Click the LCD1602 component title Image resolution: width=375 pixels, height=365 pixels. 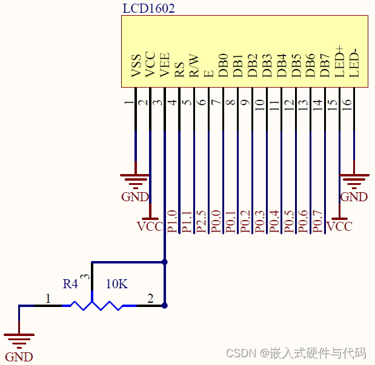pos(148,9)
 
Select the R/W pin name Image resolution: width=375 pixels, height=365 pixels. pos(194,66)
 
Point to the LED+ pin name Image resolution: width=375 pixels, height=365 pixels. pos(339,61)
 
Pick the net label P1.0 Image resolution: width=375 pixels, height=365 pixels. pos(171,222)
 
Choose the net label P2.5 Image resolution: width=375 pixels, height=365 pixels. pos(201,222)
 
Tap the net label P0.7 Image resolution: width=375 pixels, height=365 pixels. pos(318,222)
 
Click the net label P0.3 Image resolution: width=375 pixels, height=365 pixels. pos(259,222)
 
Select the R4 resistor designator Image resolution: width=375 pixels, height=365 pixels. pos(70,283)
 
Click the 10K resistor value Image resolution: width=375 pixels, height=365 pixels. pos(117,283)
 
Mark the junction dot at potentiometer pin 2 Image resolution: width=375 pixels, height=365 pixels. pos(164,306)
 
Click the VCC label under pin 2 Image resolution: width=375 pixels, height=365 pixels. pos(150,226)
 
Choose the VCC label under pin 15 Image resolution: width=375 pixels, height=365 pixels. pos(339,226)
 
